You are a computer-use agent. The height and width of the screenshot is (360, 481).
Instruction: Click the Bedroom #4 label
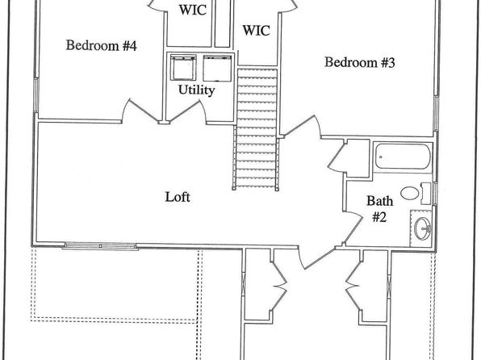(x=101, y=45)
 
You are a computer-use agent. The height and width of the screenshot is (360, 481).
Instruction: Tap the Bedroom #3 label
(x=359, y=62)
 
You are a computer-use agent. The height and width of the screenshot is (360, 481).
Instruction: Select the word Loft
(x=178, y=197)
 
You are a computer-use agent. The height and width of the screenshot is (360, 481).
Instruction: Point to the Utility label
(x=196, y=90)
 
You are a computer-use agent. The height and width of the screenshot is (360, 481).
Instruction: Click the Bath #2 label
(x=379, y=209)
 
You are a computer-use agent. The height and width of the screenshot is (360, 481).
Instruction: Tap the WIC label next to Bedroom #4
(x=193, y=10)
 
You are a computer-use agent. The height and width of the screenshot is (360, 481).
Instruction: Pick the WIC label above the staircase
(x=256, y=31)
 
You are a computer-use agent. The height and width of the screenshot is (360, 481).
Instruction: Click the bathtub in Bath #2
(x=403, y=156)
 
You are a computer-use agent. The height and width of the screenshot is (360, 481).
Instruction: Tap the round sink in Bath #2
(x=422, y=228)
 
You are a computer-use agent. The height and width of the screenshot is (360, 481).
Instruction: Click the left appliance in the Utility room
(x=183, y=68)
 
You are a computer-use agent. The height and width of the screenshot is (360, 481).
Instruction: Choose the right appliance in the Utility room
(x=217, y=68)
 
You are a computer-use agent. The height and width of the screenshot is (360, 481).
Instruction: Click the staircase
(x=257, y=129)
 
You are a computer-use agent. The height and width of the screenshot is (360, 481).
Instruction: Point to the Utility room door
(x=187, y=111)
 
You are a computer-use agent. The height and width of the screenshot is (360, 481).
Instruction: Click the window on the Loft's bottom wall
(x=100, y=246)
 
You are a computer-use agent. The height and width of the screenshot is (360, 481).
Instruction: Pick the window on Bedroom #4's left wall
(x=36, y=94)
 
